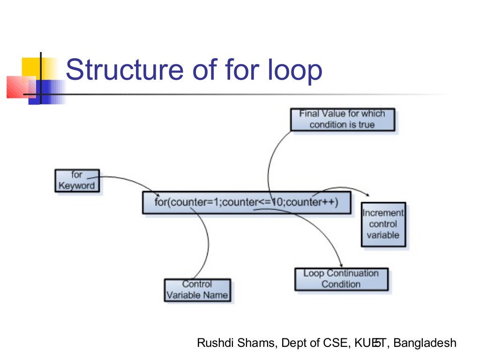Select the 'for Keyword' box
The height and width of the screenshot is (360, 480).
77,180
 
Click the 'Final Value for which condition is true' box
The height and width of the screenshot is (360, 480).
342,120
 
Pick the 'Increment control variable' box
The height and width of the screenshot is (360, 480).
383,224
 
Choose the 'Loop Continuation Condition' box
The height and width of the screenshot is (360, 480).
341,279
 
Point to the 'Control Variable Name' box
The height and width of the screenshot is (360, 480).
197,290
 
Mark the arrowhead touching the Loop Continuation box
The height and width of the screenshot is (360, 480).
341,266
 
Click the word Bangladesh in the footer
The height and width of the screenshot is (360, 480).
425,343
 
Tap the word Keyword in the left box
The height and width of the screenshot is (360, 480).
76,186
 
